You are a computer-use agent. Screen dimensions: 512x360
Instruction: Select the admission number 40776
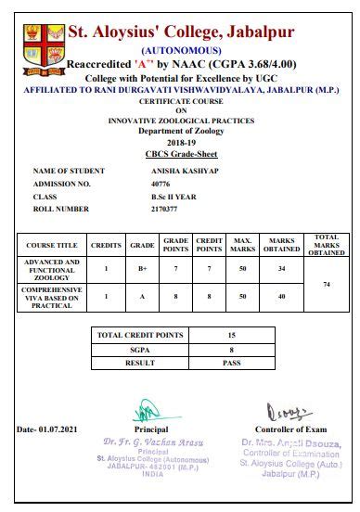(161, 184)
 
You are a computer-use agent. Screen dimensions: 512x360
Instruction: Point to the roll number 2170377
(165, 210)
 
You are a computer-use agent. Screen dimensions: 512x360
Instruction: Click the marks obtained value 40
(280, 296)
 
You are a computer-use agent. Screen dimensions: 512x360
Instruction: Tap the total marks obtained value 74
(327, 284)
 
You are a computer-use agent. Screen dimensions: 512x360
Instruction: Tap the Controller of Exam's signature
(282, 411)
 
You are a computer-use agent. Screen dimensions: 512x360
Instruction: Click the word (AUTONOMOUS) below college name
(181, 49)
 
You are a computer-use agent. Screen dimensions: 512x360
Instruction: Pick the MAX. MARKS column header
(243, 246)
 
